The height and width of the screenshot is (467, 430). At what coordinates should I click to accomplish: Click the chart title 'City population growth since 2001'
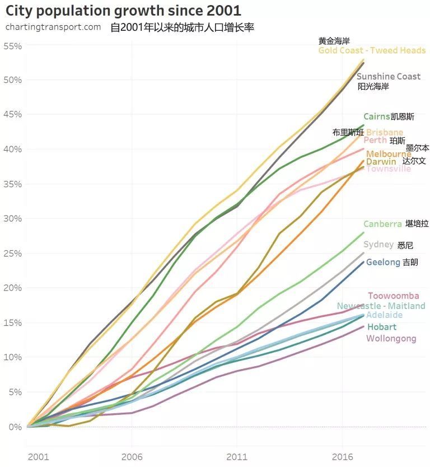click(123, 10)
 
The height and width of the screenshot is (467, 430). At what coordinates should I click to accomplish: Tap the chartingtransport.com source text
click(53, 27)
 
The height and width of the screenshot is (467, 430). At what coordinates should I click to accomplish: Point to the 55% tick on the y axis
click(13, 45)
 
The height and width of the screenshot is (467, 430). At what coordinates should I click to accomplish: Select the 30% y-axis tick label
click(13, 218)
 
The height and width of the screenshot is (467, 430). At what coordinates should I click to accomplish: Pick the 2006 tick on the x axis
click(131, 456)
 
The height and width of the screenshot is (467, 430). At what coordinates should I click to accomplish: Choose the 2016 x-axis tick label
click(342, 456)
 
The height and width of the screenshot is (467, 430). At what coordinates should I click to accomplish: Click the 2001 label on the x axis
click(38, 456)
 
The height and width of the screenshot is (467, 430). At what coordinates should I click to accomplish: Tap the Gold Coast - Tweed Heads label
click(372, 50)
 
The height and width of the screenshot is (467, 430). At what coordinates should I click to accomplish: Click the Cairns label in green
click(376, 116)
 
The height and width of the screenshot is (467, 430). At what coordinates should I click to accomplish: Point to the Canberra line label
click(382, 224)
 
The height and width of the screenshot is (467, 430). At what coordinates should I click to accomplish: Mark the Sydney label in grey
click(378, 245)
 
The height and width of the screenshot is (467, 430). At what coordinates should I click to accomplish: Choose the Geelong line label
click(383, 262)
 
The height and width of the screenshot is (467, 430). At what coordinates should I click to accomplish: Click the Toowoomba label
click(393, 296)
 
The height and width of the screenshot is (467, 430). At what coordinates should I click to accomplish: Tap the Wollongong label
click(391, 338)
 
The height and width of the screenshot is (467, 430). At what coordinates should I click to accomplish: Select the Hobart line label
click(381, 327)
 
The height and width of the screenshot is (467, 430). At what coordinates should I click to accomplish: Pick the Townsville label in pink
click(389, 169)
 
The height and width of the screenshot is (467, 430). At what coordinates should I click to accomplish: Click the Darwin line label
click(381, 161)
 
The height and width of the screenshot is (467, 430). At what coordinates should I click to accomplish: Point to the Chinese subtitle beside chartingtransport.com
click(182, 27)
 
